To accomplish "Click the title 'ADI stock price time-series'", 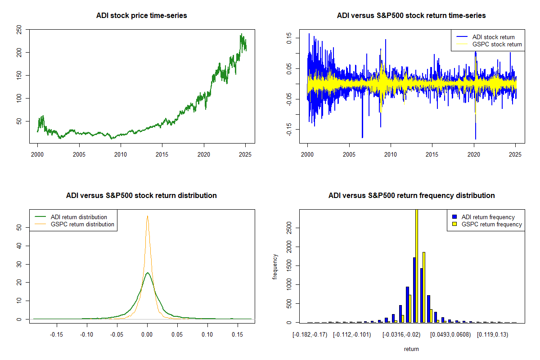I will click(141, 16).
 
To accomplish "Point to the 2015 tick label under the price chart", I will click(162, 154).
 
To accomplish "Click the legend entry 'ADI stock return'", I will click(493, 37).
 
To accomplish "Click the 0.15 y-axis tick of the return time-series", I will click(289, 38).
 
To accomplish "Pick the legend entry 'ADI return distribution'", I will click(79, 217).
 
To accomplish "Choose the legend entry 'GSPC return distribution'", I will click(82, 224).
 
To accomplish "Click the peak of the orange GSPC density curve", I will click(147, 216).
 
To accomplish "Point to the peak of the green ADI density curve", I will click(147, 272).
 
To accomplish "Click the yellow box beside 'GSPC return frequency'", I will click(455, 224).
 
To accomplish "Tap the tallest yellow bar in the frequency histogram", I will click(417, 265).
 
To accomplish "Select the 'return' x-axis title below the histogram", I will click(411, 349).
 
